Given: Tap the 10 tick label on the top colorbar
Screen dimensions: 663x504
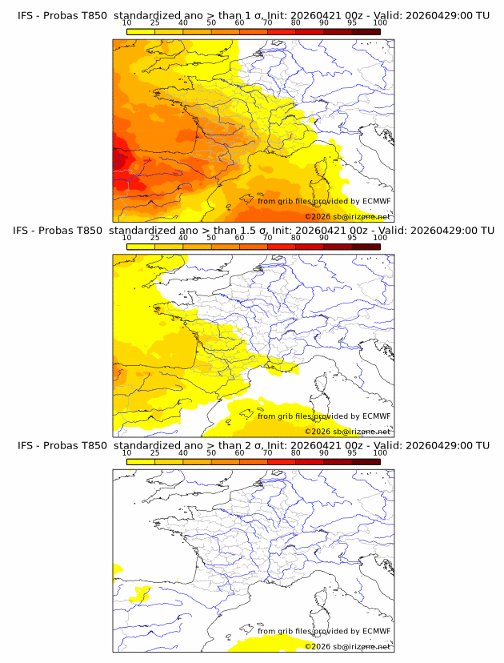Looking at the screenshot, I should tap(126, 23).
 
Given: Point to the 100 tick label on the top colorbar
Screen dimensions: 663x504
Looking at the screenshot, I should tap(380, 23).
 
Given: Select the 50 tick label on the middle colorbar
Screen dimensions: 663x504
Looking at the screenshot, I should tap(211, 238).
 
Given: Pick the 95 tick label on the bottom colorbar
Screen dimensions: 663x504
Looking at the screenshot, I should tap(352, 453).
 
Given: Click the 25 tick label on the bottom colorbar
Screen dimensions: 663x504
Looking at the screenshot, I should tap(154, 453).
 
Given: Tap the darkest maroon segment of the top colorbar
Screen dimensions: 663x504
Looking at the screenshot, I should tap(366, 32).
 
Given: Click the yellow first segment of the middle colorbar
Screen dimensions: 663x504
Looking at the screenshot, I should tap(140, 247).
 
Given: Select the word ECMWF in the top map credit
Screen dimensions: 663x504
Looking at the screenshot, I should tap(376, 201).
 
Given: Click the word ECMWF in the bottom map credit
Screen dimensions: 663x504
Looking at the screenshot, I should tap(376, 631).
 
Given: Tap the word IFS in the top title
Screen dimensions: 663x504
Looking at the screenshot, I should tap(26, 15).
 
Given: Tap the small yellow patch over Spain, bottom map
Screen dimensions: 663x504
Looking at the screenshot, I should tap(142, 593).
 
